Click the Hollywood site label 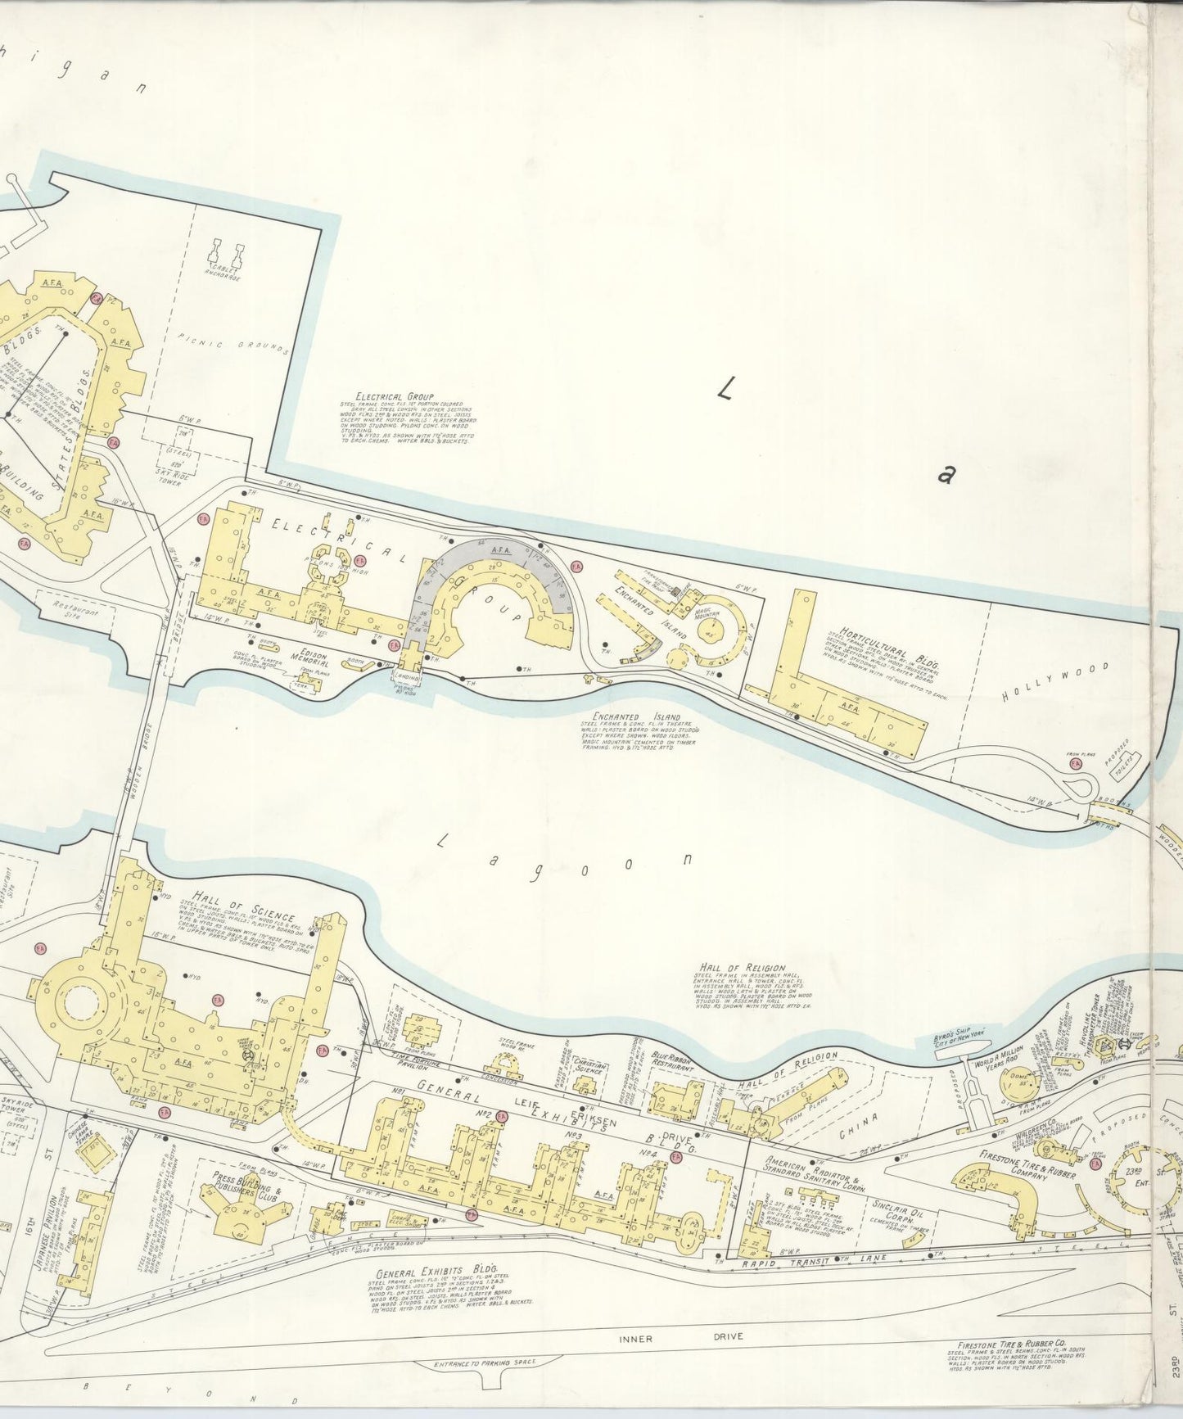[x=1055, y=682]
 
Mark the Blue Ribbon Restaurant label [x=673, y=1064]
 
